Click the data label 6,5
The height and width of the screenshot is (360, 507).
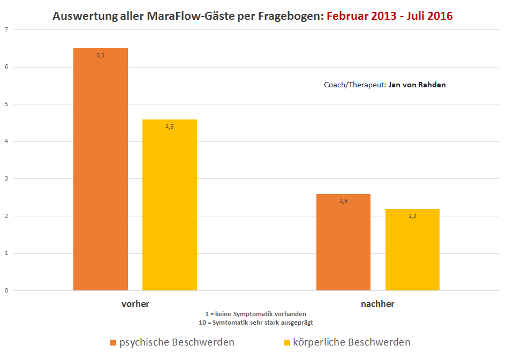tap(101, 55)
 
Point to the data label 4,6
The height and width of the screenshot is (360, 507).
tap(170, 126)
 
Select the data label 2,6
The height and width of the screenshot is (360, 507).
tap(343, 201)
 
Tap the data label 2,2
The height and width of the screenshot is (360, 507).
tap(412, 216)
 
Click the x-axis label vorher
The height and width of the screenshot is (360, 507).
tap(135, 304)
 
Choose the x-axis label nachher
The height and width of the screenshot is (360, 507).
tap(377, 304)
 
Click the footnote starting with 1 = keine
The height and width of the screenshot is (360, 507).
tap(255, 314)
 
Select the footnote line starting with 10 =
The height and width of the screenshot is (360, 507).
tap(255, 322)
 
